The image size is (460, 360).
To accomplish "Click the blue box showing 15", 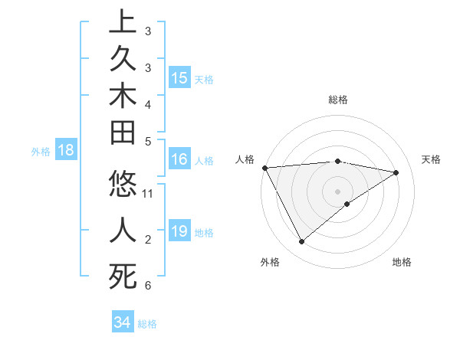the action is [179, 77].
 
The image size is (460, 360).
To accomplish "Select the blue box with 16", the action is [179, 159].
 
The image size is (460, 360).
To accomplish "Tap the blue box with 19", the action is [179, 231].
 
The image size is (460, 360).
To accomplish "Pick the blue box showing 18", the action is [66, 150].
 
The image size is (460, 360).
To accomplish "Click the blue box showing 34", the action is [122, 322].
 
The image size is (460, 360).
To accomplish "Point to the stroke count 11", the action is [148, 193].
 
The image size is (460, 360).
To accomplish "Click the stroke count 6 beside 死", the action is [147, 286].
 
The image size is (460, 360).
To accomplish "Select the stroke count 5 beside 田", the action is [147, 141].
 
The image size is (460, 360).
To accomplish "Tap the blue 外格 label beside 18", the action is [41, 152].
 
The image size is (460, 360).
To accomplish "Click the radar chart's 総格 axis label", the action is [337, 100].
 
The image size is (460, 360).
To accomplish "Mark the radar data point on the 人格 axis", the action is [264, 167].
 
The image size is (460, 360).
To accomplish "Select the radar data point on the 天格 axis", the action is [396, 172].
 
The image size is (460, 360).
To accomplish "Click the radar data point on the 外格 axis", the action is [301, 242].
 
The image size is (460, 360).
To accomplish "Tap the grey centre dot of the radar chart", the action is [337, 191].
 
